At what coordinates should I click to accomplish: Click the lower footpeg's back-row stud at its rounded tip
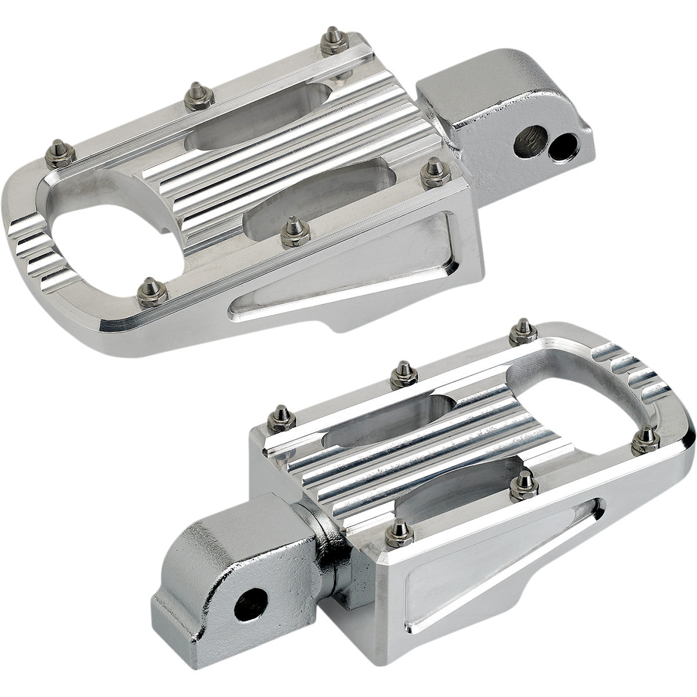point(516,332)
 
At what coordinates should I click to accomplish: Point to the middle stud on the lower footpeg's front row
point(524,482)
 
